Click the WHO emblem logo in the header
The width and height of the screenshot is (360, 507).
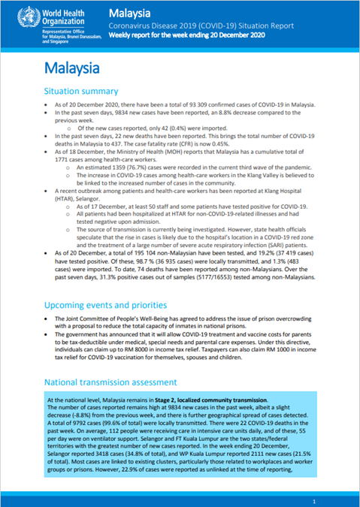point(16,17)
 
